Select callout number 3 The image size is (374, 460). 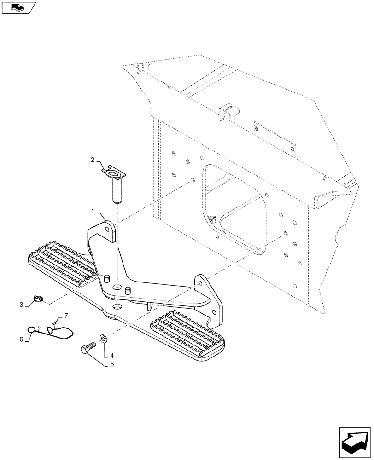click(21, 305)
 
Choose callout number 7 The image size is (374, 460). click(66, 315)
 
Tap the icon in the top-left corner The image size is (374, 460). click(18, 7)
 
